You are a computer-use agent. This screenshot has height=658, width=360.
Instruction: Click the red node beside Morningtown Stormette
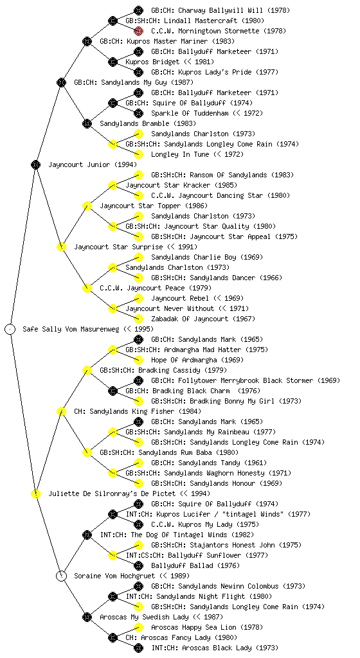pos(138,31)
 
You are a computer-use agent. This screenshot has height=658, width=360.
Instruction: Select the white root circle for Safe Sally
pos(10,329)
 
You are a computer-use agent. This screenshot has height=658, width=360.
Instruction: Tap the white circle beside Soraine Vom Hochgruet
pos(61,576)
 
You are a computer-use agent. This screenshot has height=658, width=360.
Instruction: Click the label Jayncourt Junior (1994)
pos(93,164)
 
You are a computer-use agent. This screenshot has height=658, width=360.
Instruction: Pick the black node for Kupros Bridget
pos(113,62)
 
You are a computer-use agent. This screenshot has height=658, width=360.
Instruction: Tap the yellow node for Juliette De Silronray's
pos(35,493)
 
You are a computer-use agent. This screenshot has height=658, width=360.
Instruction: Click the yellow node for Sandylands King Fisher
pos(61,411)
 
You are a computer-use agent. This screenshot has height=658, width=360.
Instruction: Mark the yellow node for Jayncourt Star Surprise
pos(61,247)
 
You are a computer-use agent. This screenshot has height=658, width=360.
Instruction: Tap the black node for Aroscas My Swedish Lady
pos(87,617)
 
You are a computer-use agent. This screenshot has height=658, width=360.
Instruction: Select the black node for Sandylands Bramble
pos(87,123)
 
